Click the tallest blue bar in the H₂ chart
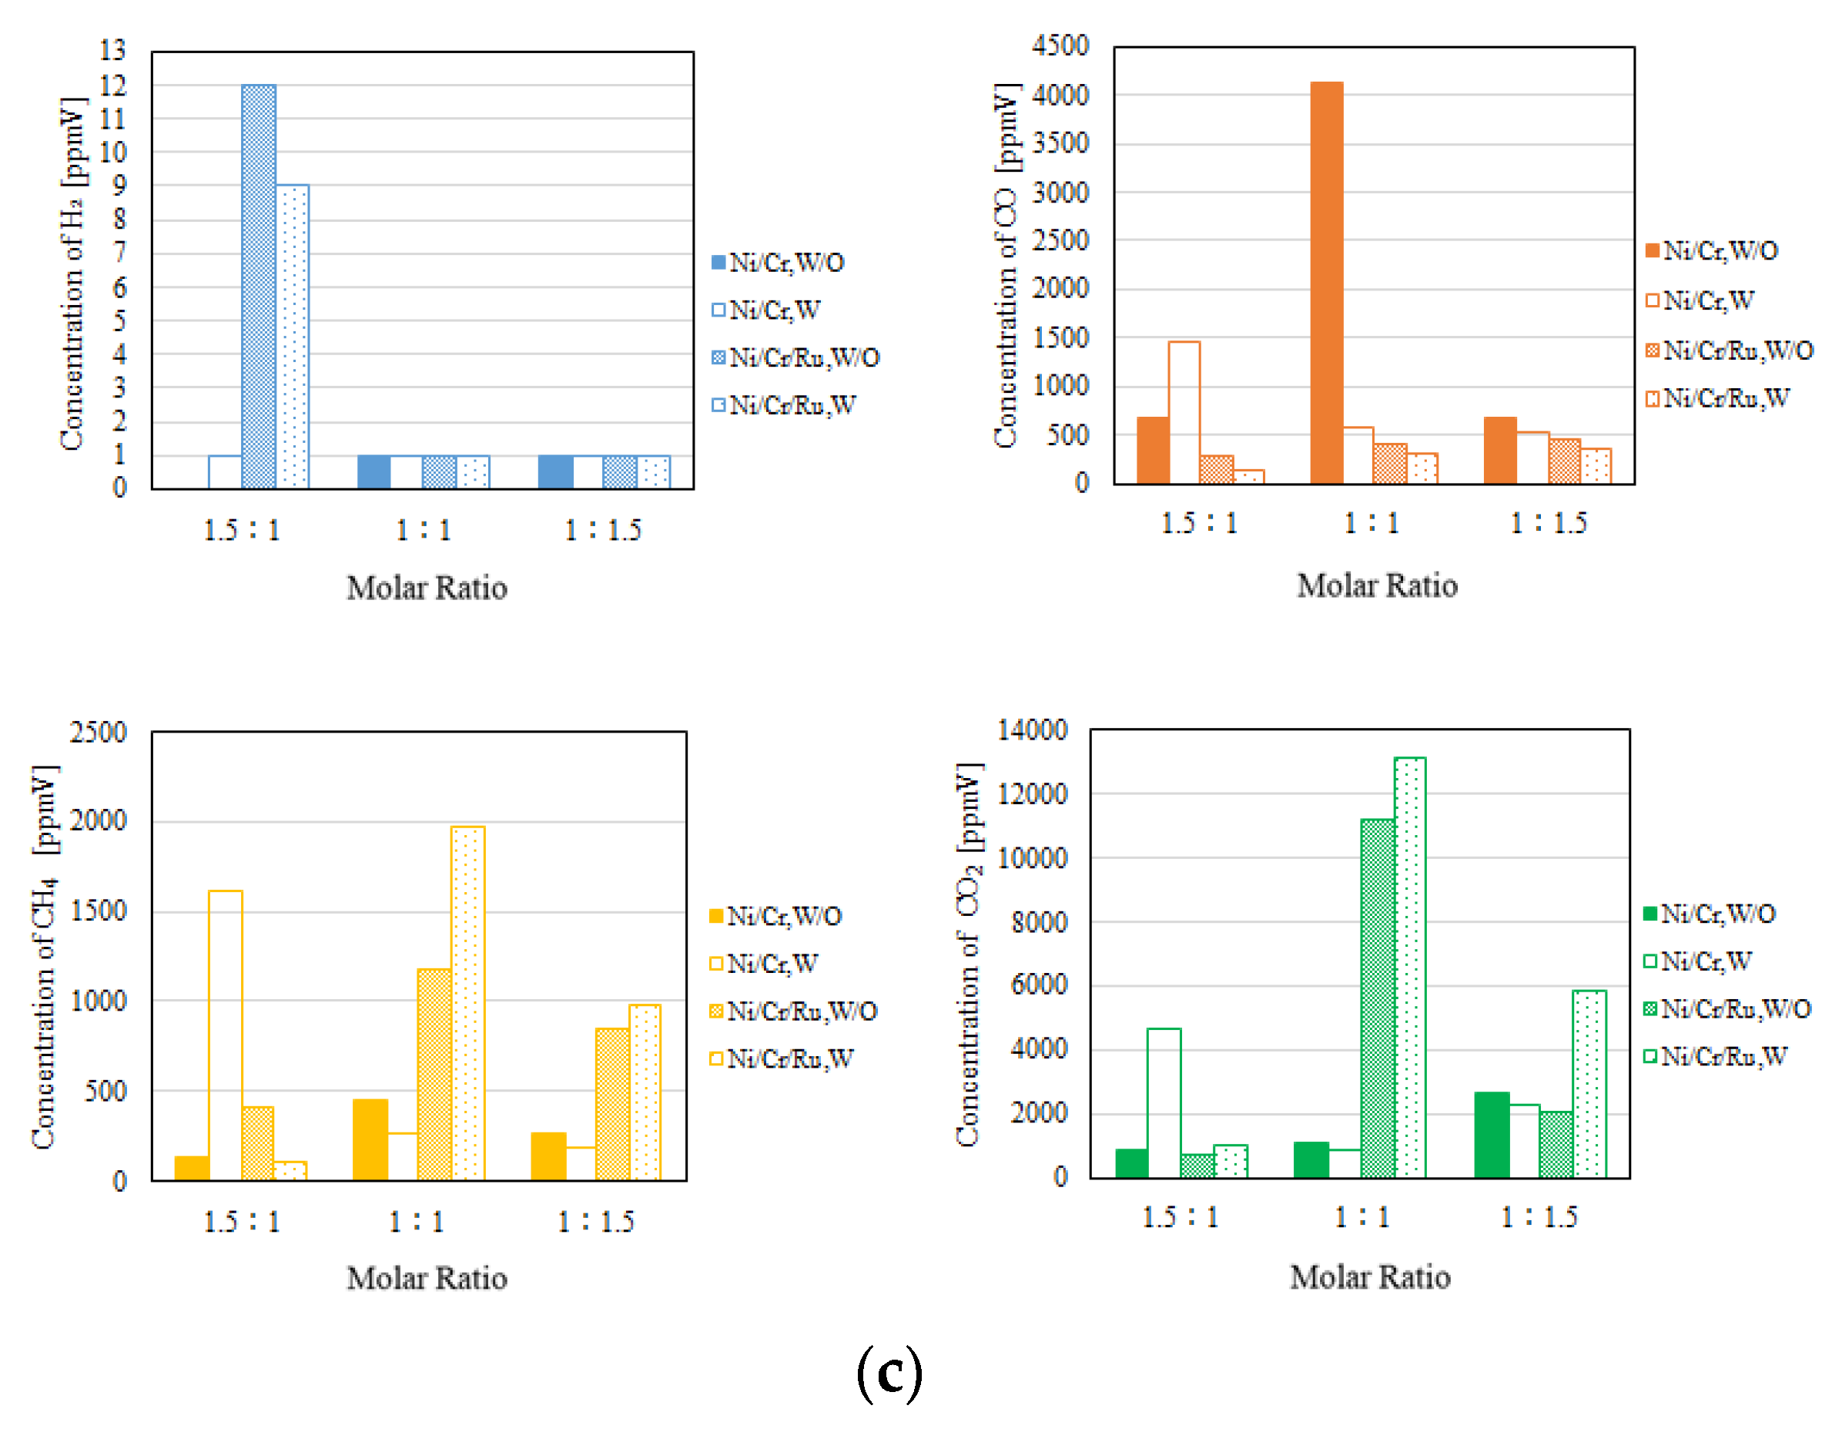tap(259, 285)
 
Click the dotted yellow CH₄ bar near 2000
tap(467, 1003)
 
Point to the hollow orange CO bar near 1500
tap(1184, 412)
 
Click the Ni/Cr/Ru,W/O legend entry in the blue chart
tap(795, 358)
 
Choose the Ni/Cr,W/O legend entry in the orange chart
tap(1711, 251)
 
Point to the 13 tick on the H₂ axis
tap(112, 50)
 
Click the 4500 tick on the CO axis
tap(1060, 45)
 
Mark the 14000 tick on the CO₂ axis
tap(1033, 730)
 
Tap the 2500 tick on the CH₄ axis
tap(98, 733)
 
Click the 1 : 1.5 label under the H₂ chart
tap(602, 530)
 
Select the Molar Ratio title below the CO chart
tap(1377, 585)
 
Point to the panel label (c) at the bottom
tap(889, 1373)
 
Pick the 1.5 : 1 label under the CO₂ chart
tap(1181, 1216)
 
